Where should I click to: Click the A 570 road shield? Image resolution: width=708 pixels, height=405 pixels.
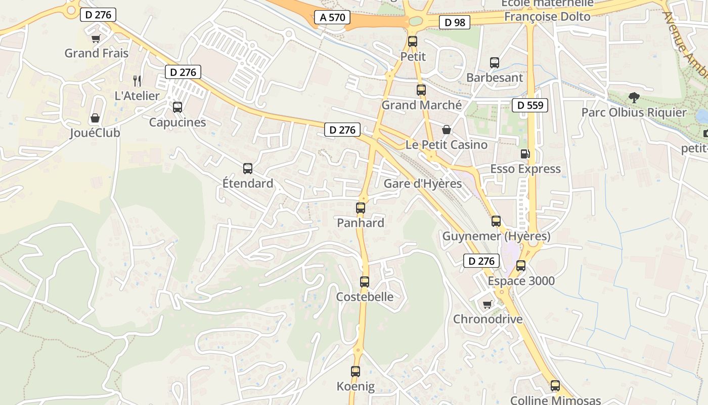click(x=332, y=17)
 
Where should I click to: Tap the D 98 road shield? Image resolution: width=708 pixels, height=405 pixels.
click(x=455, y=22)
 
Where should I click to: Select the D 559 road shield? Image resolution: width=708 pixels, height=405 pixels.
click(x=530, y=105)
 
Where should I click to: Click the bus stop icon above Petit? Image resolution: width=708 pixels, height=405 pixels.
click(x=413, y=42)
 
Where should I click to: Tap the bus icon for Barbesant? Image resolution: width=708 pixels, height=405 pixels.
click(x=495, y=63)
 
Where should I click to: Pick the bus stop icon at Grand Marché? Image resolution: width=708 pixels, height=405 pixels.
click(x=421, y=90)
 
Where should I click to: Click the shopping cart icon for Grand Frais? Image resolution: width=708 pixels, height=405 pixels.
click(x=96, y=38)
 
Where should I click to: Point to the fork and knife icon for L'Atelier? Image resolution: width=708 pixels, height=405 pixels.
click(x=137, y=80)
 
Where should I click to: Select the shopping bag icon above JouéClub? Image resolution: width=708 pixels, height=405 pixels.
click(x=95, y=118)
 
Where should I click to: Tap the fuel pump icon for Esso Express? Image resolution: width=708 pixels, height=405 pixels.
click(x=525, y=154)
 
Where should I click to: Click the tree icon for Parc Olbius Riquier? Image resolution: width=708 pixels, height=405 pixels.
click(x=634, y=98)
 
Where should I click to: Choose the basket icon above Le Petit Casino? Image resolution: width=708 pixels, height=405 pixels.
click(x=446, y=130)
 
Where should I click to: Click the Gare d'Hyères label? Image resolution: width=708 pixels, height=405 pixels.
click(x=422, y=183)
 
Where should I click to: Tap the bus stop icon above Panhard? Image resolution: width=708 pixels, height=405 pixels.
click(x=361, y=208)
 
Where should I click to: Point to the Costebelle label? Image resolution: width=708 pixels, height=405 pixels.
click(x=365, y=297)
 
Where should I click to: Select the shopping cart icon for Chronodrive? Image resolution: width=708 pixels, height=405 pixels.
click(x=487, y=304)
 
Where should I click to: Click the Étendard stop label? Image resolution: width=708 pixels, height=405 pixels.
click(x=248, y=183)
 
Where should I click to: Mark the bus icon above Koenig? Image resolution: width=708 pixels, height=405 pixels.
click(x=356, y=372)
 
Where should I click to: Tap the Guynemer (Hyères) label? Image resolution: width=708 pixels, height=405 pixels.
click(x=496, y=236)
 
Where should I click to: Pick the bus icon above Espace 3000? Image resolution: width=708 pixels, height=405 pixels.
click(x=521, y=266)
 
